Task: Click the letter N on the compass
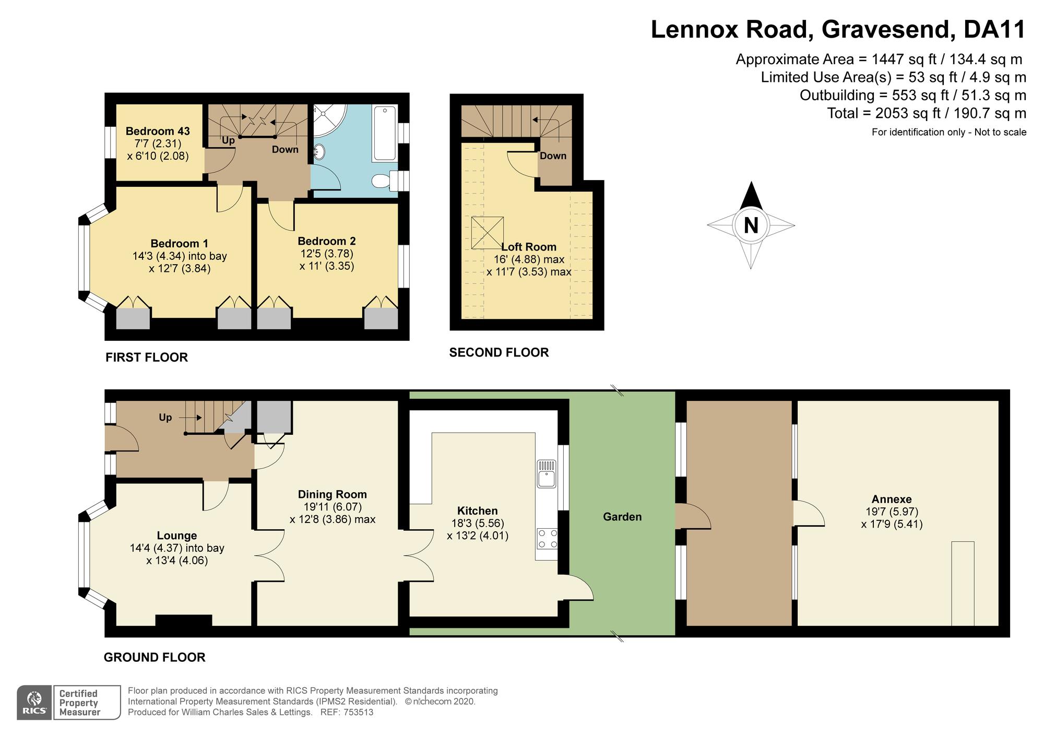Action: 751,225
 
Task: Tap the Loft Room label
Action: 529,247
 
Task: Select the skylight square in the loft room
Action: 488,233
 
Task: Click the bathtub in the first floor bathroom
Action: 385,133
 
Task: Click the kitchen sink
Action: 547,473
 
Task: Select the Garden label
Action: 622,517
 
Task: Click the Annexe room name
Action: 892,499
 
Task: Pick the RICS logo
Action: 34,703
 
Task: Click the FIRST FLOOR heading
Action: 146,358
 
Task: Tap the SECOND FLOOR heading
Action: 499,353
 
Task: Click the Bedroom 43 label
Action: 158,131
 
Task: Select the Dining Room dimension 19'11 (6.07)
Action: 333,507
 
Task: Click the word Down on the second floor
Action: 553,156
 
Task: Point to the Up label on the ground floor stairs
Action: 165,418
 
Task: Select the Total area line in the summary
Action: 927,113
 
